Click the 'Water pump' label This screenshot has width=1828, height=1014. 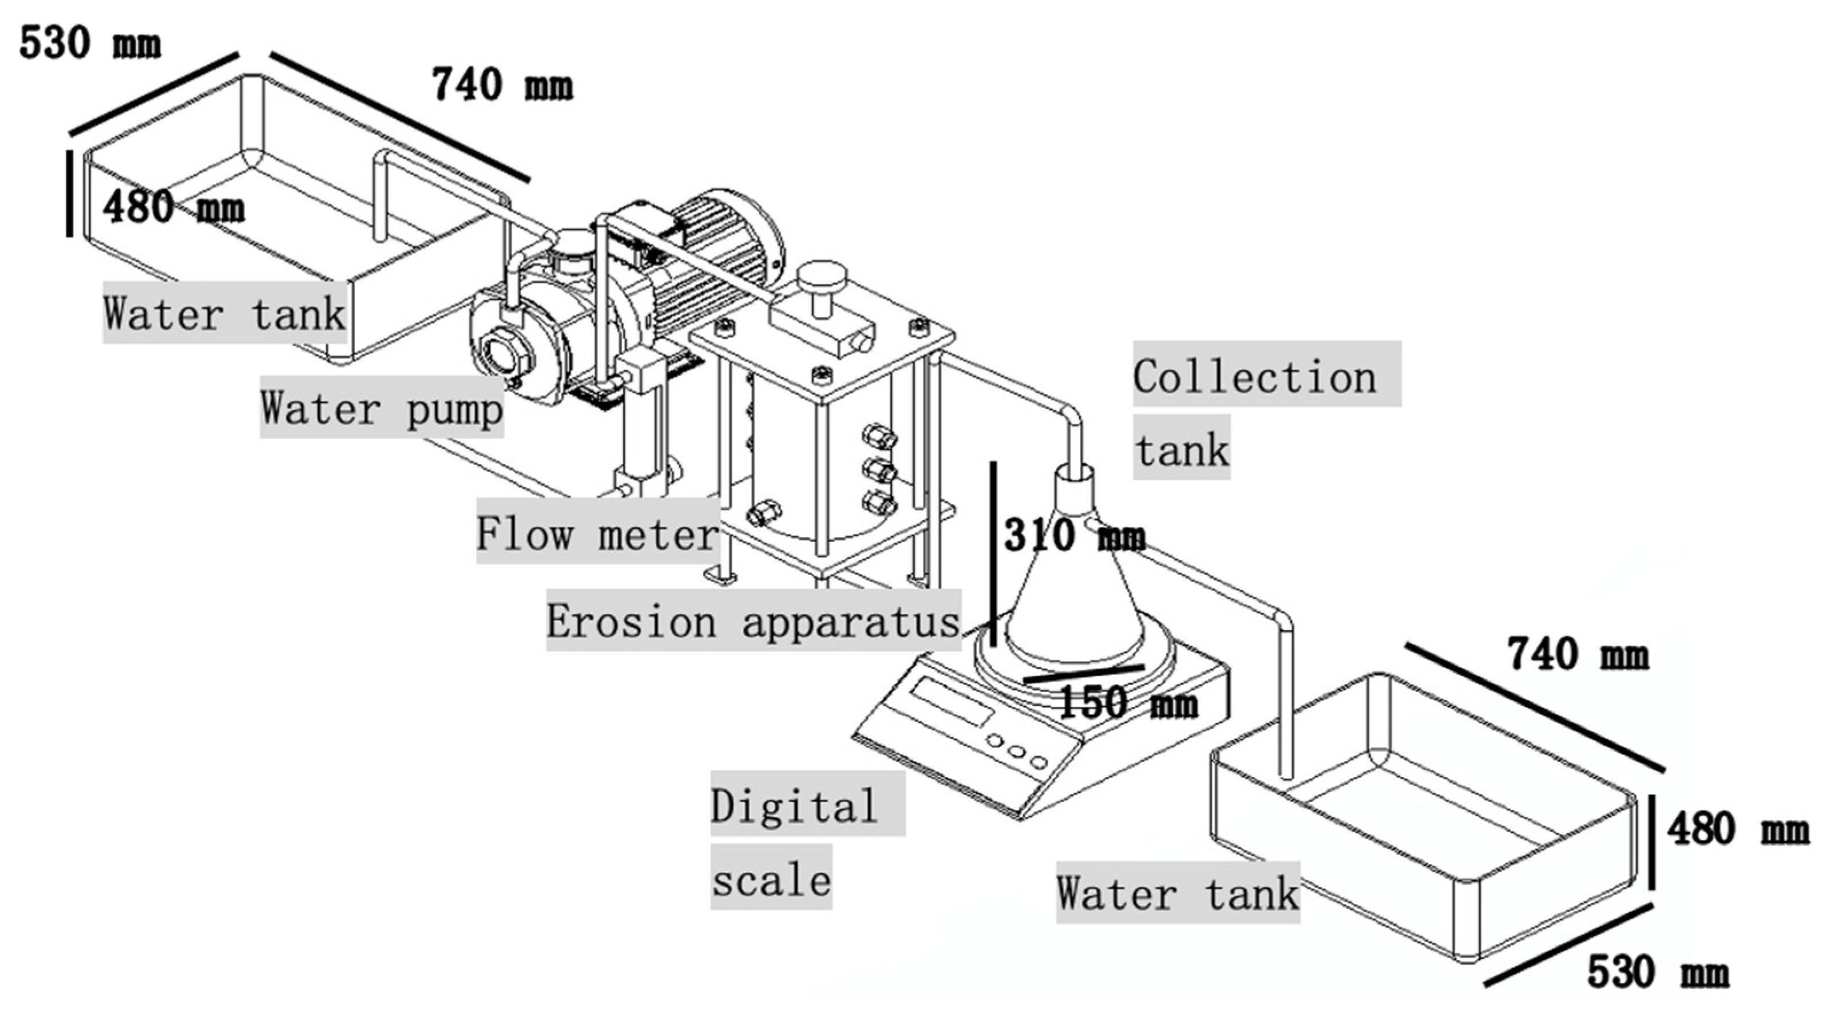tap(382, 408)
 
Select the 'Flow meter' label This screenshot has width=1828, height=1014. tap(597, 533)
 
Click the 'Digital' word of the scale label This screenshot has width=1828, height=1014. tap(794, 806)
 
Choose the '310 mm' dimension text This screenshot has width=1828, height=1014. tap(1073, 536)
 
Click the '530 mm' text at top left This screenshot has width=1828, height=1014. tap(90, 42)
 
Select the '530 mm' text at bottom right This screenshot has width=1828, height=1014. tap(1658, 972)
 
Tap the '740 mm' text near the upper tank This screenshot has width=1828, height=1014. tap(502, 85)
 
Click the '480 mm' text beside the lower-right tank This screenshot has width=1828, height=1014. tap(1737, 829)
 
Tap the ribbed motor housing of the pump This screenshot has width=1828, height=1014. tap(717, 256)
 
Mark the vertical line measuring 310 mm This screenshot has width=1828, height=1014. tap(993, 553)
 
